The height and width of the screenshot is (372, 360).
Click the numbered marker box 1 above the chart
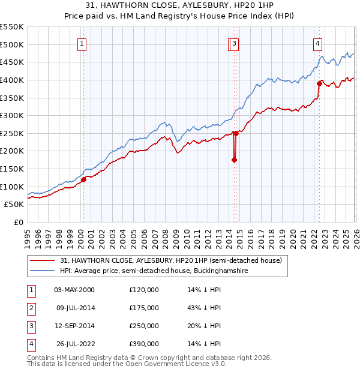pos(81,43)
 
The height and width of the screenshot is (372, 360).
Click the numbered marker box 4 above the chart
pos(317,43)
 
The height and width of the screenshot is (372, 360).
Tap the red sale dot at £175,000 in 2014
pos(234,160)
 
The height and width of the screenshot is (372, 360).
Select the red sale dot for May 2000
pos(83,179)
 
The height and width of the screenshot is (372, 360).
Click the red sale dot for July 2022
pos(319,83)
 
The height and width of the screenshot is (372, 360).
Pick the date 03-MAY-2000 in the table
pos(74,290)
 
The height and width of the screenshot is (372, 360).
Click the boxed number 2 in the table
pos(31,308)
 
